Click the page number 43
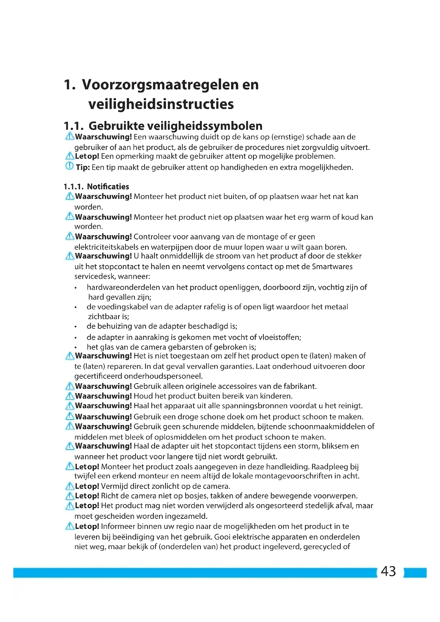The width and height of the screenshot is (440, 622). (388, 571)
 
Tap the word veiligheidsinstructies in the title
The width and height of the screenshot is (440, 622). (161, 104)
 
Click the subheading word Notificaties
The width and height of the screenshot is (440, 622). (108, 186)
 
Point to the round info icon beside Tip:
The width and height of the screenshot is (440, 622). (69, 166)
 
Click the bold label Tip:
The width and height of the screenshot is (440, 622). (83, 168)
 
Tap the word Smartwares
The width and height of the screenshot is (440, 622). (332, 266)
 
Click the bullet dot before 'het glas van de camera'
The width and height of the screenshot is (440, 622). (76, 348)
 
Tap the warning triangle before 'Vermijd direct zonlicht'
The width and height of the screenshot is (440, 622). (70, 486)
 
